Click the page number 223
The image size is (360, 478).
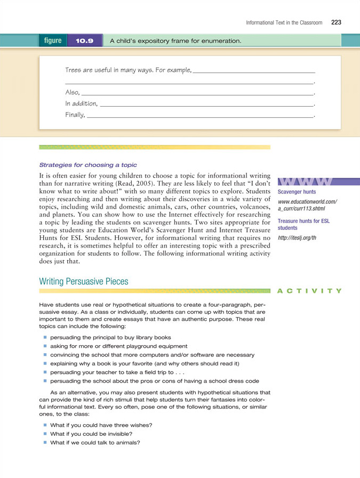[336, 22]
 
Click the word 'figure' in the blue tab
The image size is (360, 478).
[53, 41]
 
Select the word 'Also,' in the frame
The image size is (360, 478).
[73, 92]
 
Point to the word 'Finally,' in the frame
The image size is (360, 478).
[75, 114]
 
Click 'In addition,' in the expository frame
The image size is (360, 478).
[81, 103]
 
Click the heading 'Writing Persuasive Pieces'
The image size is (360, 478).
[84, 281]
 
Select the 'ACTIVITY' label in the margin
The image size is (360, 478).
[309, 291]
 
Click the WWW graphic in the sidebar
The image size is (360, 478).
[306, 181]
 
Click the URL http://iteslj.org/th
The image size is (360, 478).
[297, 237]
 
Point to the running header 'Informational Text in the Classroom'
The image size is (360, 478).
[284, 23]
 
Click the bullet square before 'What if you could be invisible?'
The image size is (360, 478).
[45, 434]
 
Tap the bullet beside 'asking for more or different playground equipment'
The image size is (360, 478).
[45, 346]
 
